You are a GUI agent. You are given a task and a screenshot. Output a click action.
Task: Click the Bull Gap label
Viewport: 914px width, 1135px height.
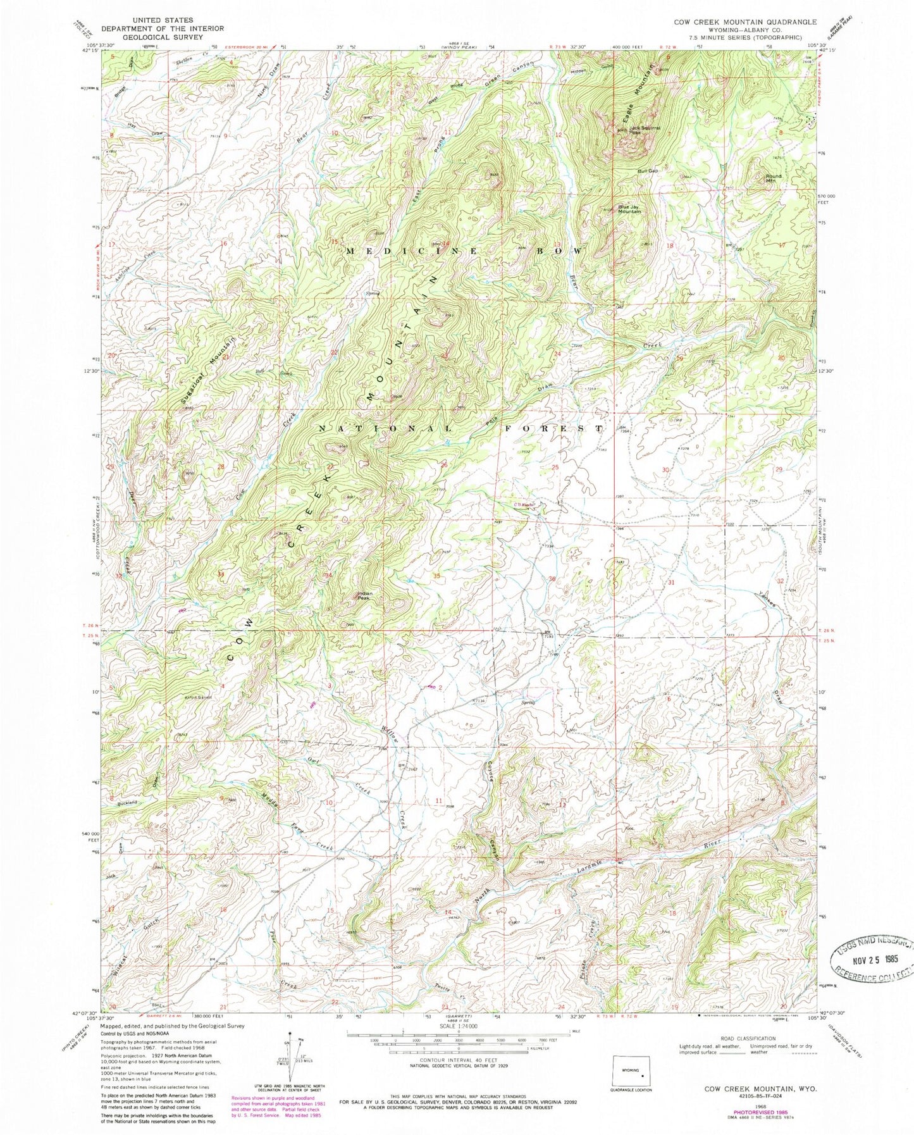tap(648, 171)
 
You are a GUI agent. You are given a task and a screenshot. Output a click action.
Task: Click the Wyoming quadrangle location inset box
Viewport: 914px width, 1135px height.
tap(634, 1071)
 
